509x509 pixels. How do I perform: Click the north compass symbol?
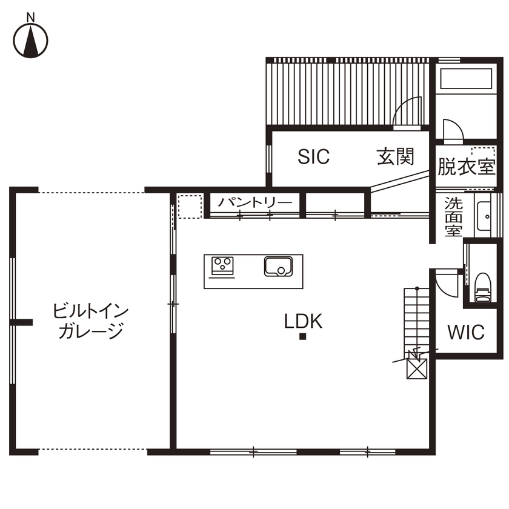(x=31, y=39)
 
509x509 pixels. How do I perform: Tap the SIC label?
(x=314, y=157)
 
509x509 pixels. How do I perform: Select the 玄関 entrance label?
(x=396, y=157)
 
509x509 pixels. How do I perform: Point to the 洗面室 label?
(x=453, y=217)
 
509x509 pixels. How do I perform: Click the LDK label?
(x=304, y=321)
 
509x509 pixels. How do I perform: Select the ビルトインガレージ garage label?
(x=91, y=321)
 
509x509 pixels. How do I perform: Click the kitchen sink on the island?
(x=278, y=266)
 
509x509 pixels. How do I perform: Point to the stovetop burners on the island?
(x=222, y=265)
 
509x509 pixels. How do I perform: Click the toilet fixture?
(x=482, y=286)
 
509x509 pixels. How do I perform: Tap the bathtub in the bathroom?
(x=465, y=79)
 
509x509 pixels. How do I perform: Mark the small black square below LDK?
(x=303, y=338)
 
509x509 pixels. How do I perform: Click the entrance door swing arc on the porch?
(x=408, y=112)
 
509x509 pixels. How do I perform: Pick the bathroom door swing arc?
(x=453, y=130)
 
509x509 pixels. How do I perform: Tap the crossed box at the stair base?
(x=417, y=368)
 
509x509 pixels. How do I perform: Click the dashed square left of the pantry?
(x=189, y=205)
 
